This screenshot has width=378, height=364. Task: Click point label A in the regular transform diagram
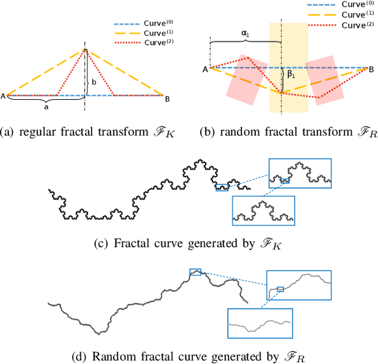[4, 96]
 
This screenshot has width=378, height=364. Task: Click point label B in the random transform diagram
[371, 69]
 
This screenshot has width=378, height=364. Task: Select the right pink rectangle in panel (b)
[327, 80]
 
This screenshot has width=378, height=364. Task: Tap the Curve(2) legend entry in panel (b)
[346, 26]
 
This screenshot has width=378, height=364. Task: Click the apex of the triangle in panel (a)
[85, 50]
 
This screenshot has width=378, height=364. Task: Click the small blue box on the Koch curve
[222, 187]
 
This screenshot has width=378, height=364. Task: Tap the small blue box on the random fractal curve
[195, 272]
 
